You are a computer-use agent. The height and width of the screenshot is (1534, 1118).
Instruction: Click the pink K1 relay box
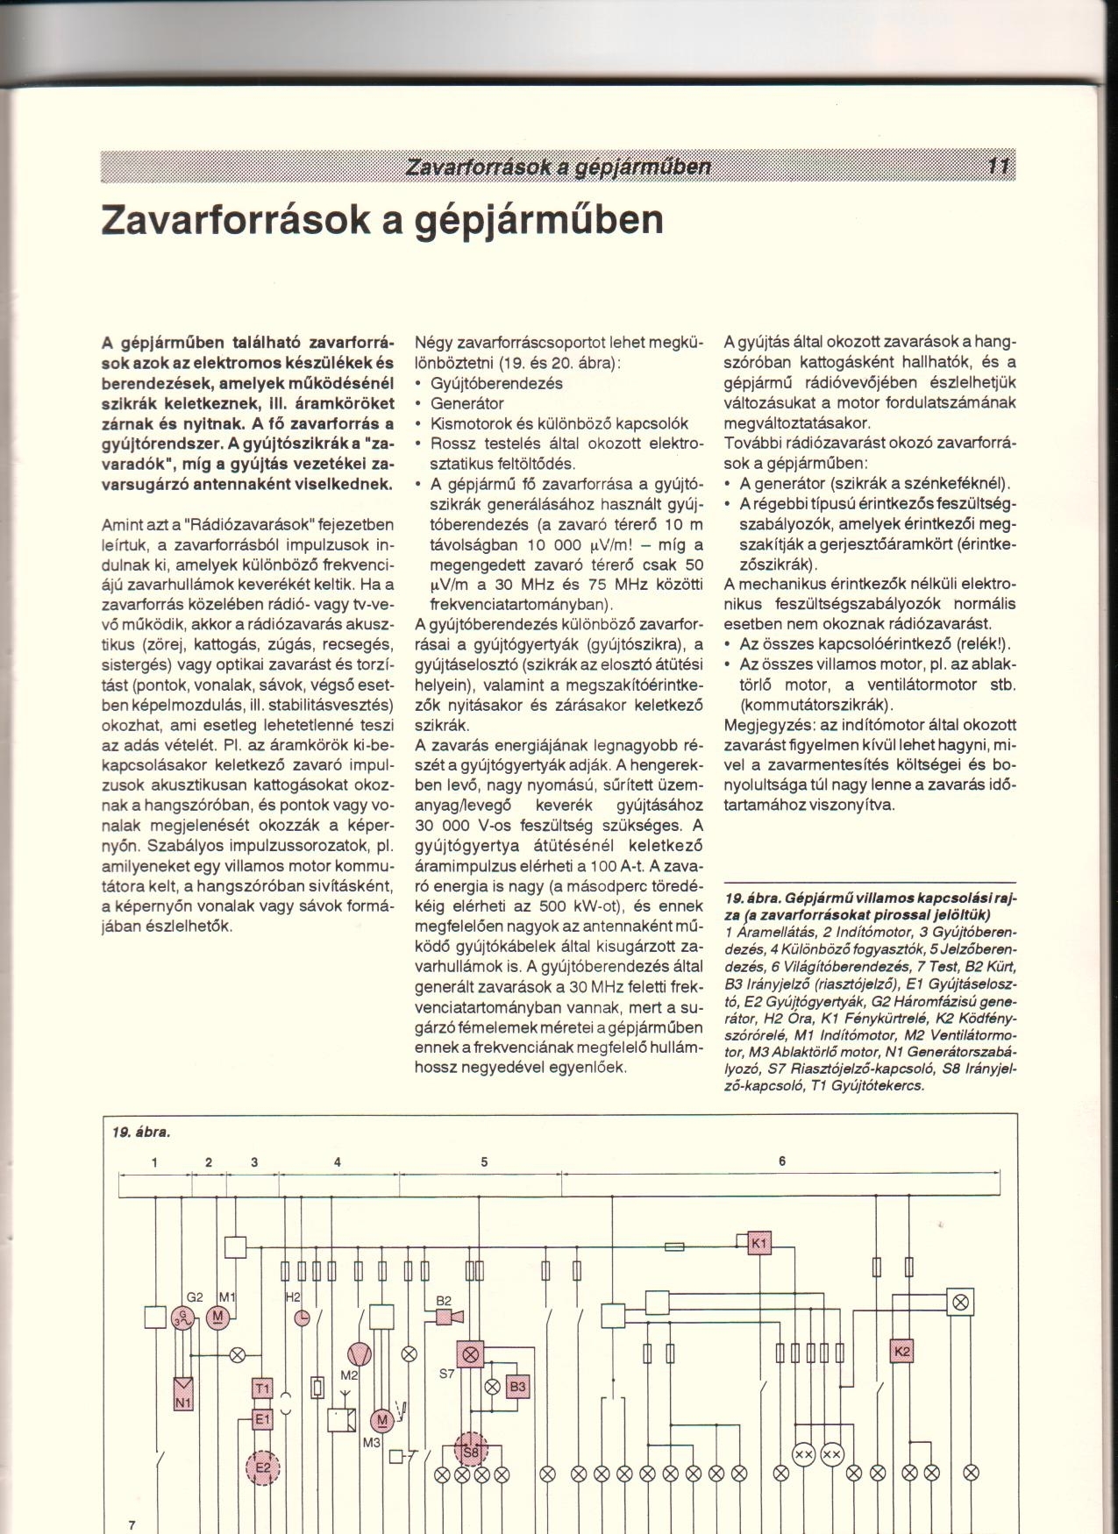coord(759,1244)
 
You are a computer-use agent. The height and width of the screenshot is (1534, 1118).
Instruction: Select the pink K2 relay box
coord(901,1351)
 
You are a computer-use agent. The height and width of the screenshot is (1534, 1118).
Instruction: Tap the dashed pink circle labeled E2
coord(263,1466)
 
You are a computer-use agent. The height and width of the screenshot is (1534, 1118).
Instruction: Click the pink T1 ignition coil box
coord(263,1388)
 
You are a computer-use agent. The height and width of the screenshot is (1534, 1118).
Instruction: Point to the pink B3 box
coord(517,1386)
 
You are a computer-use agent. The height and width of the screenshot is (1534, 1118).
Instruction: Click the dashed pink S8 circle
coord(472,1452)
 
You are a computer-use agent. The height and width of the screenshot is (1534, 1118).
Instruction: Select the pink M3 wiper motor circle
coord(381,1420)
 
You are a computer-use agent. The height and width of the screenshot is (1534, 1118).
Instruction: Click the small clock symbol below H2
coord(302,1317)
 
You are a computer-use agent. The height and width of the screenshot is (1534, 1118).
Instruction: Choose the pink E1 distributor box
coord(263,1419)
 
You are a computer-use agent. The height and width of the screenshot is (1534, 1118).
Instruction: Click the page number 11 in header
coord(998,167)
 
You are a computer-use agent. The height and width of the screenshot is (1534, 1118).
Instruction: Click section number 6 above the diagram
coord(781,1161)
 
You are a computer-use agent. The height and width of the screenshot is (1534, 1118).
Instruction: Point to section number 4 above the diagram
coord(337,1162)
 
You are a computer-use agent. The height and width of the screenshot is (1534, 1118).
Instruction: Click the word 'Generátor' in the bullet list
coord(466,403)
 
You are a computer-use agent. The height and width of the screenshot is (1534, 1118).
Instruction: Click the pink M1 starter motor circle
coord(217,1317)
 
